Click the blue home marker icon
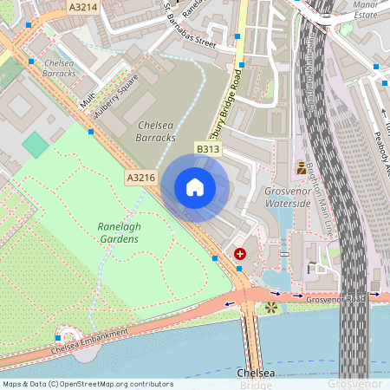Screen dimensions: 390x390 [x=195, y=187]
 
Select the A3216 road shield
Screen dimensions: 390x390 [x=140, y=178]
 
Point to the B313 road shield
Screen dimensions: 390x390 [x=207, y=150]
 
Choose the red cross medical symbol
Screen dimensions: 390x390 [x=240, y=254]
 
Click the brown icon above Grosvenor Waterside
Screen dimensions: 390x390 [x=301, y=168]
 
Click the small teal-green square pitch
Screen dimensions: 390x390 [x=36, y=145]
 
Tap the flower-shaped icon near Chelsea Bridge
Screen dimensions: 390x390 [x=272, y=307]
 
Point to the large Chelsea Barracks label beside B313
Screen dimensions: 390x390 [x=156, y=132]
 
